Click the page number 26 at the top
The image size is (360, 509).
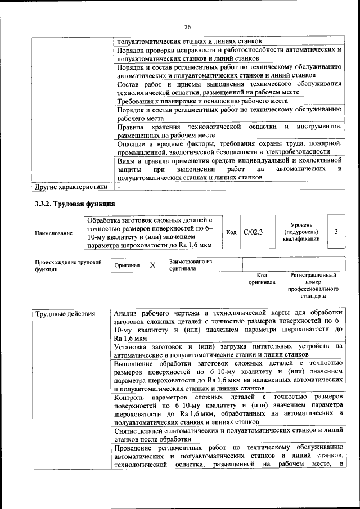187,26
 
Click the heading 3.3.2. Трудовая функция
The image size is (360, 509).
75,204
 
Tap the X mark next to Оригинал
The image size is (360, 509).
152,264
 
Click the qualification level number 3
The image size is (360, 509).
336,231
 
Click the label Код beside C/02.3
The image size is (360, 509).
231,232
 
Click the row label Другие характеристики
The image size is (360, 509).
71,187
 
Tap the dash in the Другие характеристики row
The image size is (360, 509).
119,187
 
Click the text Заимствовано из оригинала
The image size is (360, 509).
191,265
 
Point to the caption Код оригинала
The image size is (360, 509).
262,278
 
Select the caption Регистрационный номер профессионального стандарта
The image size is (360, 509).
313,285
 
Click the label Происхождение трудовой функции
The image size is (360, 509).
67,265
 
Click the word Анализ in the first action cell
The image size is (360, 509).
126,313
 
